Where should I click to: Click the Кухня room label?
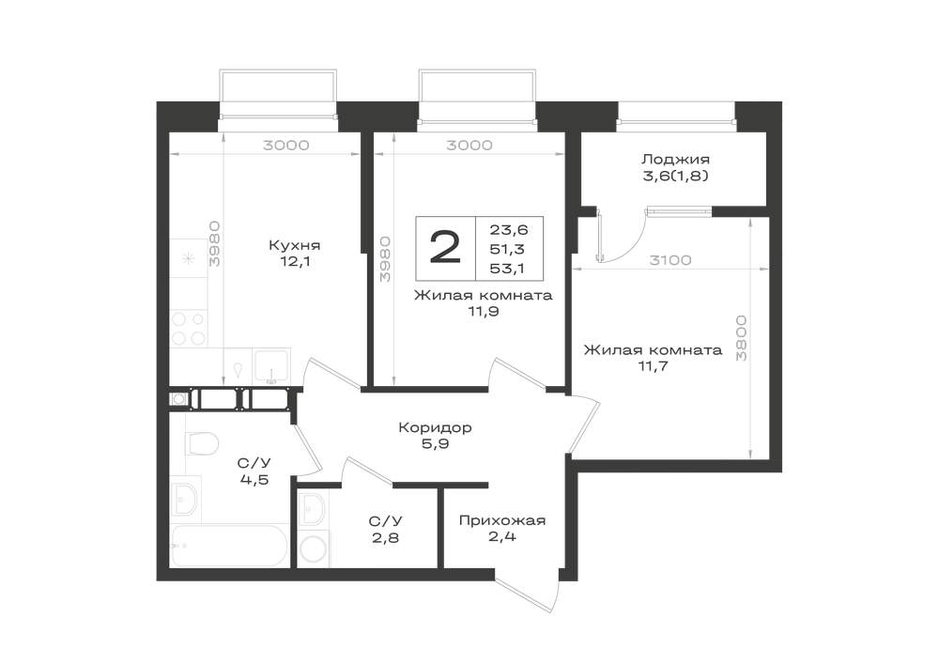pyautogui.click(x=294, y=245)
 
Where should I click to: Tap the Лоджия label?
pyautogui.click(x=675, y=160)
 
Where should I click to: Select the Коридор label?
pyautogui.click(x=436, y=428)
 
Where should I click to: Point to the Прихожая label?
pyautogui.click(x=502, y=520)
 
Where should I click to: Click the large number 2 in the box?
pyautogui.click(x=445, y=248)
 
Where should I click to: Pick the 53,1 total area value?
pyautogui.click(x=507, y=269)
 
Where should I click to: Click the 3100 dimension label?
pyautogui.click(x=670, y=260)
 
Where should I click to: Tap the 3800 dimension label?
pyautogui.click(x=742, y=338)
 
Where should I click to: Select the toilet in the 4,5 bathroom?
pyautogui.click(x=201, y=443)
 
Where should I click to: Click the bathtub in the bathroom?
pyautogui.click(x=230, y=546)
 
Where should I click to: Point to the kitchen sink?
pyautogui.click(x=271, y=366)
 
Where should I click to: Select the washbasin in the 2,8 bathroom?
pyautogui.click(x=312, y=509)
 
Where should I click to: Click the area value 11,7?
pyautogui.click(x=653, y=366)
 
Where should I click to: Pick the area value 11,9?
pyautogui.click(x=484, y=312)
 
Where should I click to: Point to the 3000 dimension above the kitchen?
pyautogui.click(x=285, y=146)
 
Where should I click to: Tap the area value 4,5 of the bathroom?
pyautogui.click(x=254, y=480)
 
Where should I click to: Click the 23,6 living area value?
pyautogui.click(x=508, y=230)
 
